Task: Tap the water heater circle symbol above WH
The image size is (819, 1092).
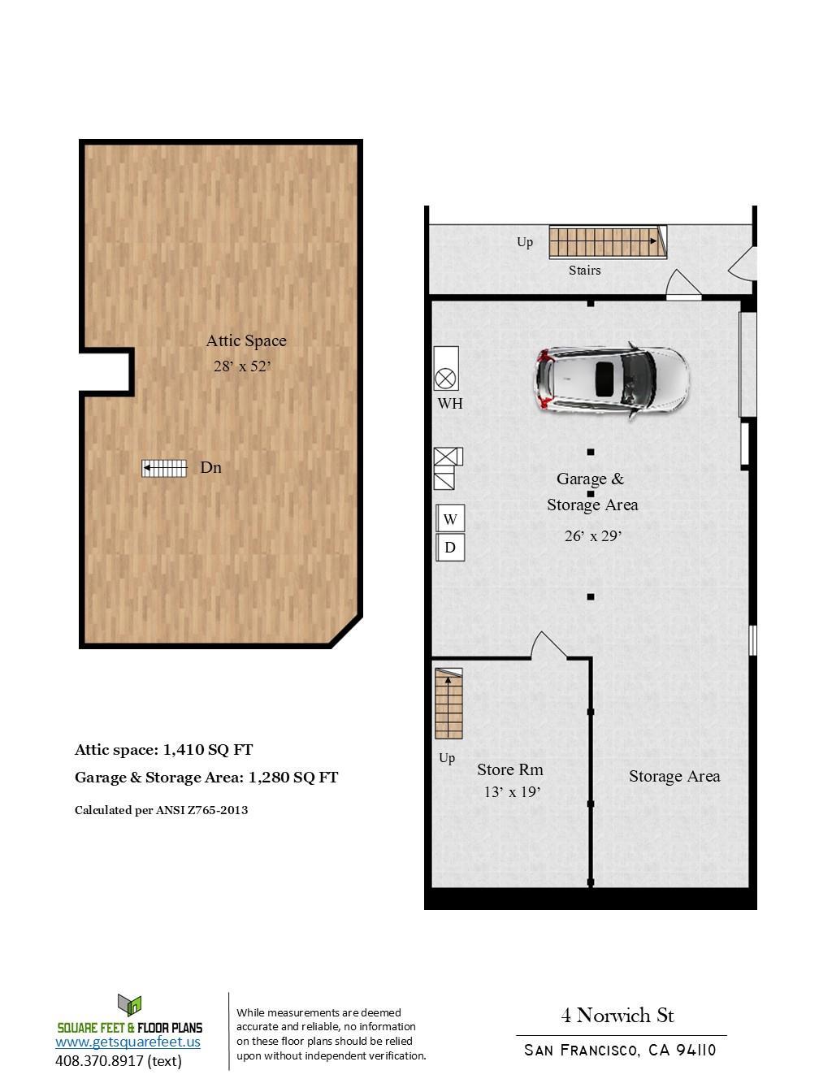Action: coord(445,378)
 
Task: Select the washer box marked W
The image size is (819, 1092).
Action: coord(450,518)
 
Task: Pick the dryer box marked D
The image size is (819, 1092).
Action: coord(450,548)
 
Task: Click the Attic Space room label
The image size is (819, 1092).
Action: coord(246,340)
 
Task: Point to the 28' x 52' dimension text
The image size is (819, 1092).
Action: coord(241,366)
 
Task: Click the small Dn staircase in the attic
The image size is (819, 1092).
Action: coord(164,468)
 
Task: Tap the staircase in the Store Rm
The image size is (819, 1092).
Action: coord(448,704)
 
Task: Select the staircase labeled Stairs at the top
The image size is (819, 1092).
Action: coord(606,241)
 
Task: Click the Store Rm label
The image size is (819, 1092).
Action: coord(510,769)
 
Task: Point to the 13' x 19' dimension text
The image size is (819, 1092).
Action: coord(512,792)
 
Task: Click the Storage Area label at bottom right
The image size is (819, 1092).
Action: coord(674,776)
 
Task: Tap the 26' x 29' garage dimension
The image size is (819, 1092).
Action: coord(593,536)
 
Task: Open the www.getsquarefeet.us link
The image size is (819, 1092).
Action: coord(128,1042)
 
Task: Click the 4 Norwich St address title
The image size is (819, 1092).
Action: coord(617,1016)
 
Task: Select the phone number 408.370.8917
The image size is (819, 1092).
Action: coord(119,1060)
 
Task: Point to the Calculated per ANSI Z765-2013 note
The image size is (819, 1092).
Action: coord(161,810)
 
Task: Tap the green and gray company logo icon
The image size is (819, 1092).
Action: coord(130,1006)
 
